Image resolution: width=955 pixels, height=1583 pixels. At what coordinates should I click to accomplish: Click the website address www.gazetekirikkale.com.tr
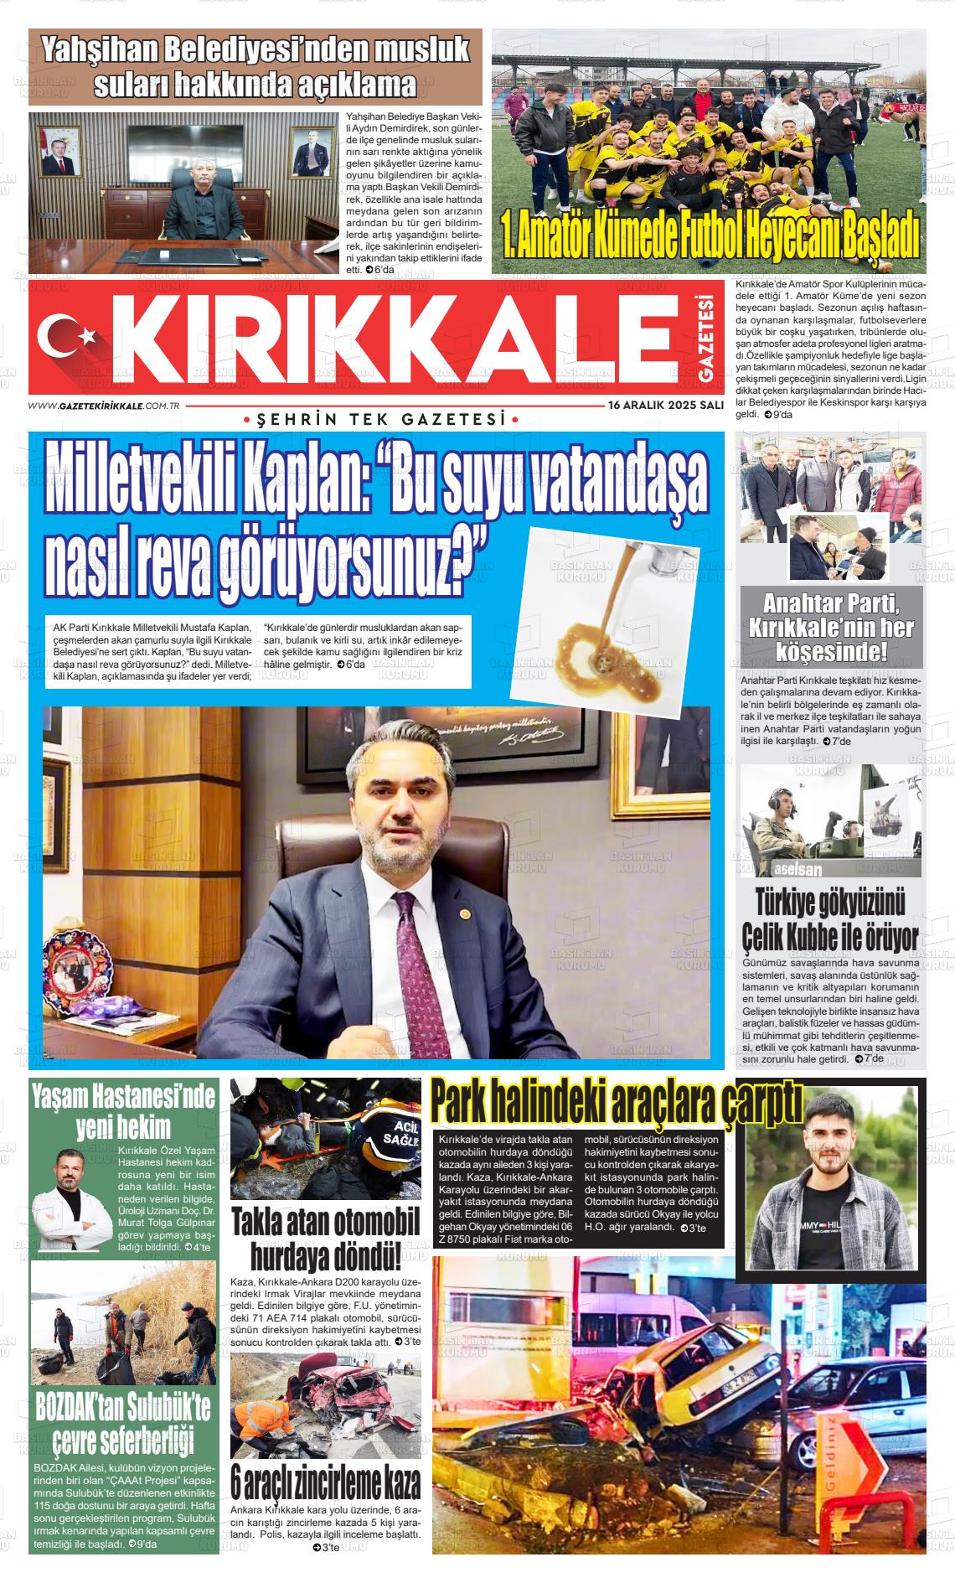pyautogui.click(x=105, y=406)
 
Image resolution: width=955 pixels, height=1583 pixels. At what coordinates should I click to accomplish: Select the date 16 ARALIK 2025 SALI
pyautogui.click(x=666, y=405)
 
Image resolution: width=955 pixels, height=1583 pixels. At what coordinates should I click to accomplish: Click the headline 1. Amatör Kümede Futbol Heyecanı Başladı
pyautogui.click(x=709, y=238)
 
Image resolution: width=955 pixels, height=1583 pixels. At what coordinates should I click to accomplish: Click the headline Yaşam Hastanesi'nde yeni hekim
pyautogui.click(x=123, y=1110)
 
